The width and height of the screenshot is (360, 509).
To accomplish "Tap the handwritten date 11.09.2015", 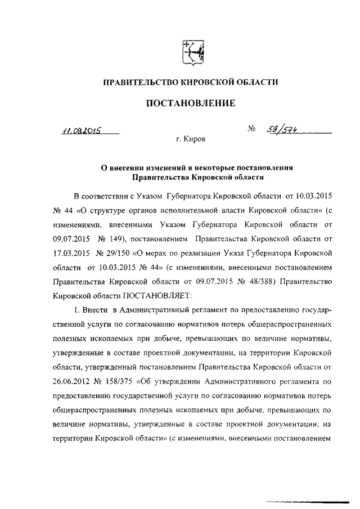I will pos(81,130).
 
